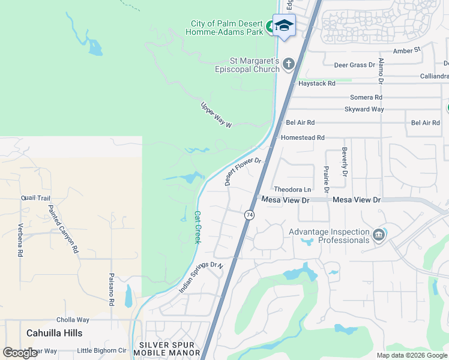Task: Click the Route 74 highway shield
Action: point(249,214)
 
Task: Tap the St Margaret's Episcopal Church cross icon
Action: point(289,63)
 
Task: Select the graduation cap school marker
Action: point(284,25)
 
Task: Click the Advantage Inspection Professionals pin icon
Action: point(379,235)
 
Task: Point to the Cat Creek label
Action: point(197,227)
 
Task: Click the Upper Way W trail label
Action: point(216,115)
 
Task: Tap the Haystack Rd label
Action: point(317,83)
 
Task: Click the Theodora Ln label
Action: point(292,190)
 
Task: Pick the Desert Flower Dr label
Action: point(244,171)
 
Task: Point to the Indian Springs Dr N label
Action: point(200,277)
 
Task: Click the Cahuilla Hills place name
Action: point(55,332)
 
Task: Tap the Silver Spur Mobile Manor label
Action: point(169,349)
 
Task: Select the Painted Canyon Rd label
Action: point(64,229)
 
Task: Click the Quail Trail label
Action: point(35,197)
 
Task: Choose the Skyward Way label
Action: point(364,109)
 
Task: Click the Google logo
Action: point(20,352)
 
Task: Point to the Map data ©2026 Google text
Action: point(412,355)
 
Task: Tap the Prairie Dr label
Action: point(326,179)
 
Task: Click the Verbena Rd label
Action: point(20,240)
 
